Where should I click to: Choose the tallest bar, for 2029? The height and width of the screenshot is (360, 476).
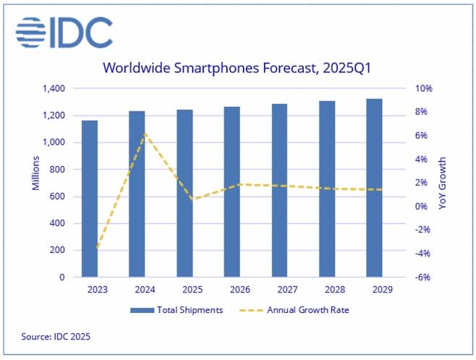click(373, 188)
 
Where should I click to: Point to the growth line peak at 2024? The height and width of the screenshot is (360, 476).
click(145, 134)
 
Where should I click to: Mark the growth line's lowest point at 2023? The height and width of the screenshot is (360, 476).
click(97, 248)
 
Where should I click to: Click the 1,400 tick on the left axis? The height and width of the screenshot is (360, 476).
click(54, 89)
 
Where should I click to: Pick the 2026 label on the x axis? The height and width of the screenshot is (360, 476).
click(231, 290)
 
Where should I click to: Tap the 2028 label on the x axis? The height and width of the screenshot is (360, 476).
click(326, 290)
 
